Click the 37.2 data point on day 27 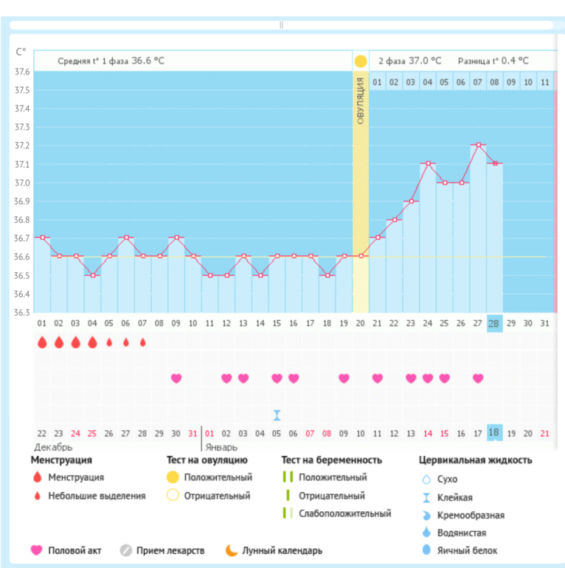(x=478, y=145)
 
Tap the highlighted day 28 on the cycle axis (x=494, y=324)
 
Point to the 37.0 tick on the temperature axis (x=22, y=183)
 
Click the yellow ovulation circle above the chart (x=360, y=61)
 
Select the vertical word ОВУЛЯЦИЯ (x=361, y=100)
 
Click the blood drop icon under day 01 (x=42, y=342)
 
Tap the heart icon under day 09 (x=176, y=378)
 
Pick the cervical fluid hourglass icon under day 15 (x=277, y=415)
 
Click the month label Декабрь (x=53, y=447)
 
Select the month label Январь (x=221, y=447)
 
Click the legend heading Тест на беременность (x=331, y=460)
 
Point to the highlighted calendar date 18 (x=494, y=433)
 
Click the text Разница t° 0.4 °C (x=493, y=61)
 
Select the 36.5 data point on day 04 (x=92, y=275)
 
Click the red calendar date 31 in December (x=193, y=433)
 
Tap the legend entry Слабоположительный (x=344, y=513)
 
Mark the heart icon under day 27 (x=478, y=378)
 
